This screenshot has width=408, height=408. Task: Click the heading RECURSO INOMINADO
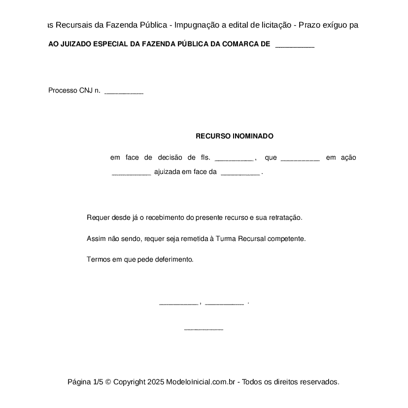(234, 136)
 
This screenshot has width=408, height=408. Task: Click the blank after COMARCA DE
(295, 46)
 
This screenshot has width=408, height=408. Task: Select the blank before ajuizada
(131, 173)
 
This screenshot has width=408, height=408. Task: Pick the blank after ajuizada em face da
(240, 173)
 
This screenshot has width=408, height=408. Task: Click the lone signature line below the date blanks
(204, 329)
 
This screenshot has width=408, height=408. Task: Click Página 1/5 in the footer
(85, 382)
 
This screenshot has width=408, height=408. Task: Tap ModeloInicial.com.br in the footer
(203, 382)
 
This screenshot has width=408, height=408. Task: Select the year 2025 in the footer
(155, 382)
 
